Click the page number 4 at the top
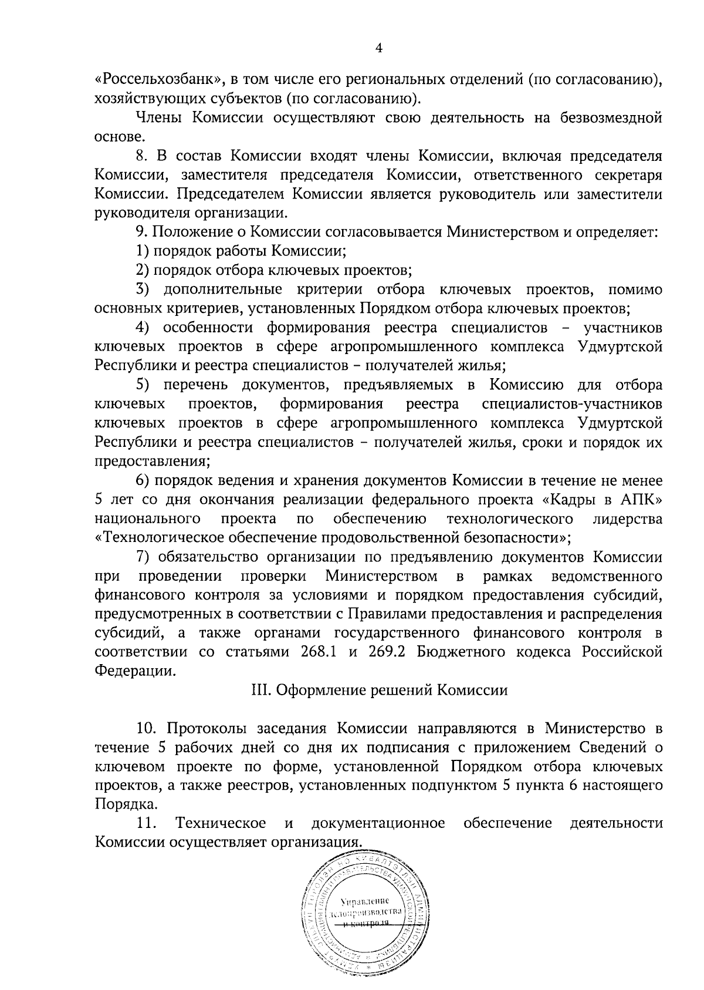coord(378,49)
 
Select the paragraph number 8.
coord(140,156)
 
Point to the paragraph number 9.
coord(140,233)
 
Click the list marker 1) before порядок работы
coord(141,251)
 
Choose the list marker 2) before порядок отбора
coord(141,271)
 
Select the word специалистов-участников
coord(571,405)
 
